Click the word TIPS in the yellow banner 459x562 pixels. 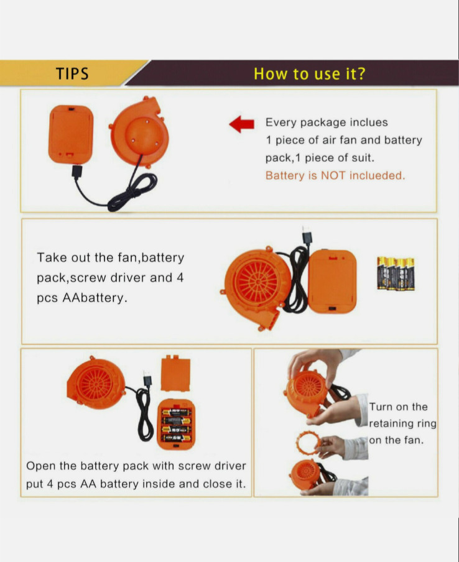click(x=72, y=73)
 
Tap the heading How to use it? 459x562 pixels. click(x=310, y=73)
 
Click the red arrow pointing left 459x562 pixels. click(x=242, y=124)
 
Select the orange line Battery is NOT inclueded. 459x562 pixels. click(x=335, y=175)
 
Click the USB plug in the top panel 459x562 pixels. click(x=76, y=172)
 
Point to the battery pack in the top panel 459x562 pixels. click(x=71, y=134)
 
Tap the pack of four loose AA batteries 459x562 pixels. click(x=396, y=274)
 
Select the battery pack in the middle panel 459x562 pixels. click(x=332, y=282)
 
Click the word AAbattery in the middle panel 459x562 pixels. click(x=95, y=298)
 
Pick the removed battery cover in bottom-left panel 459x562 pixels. click(x=176, y=374)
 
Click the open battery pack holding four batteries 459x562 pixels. click(x=176, y=425)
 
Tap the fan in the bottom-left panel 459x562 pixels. click(x=96, y=383)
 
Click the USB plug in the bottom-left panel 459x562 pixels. click(x=147, y=379)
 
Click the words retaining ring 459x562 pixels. click(x=402, y=423)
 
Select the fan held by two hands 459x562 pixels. click(x=306, y=392)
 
